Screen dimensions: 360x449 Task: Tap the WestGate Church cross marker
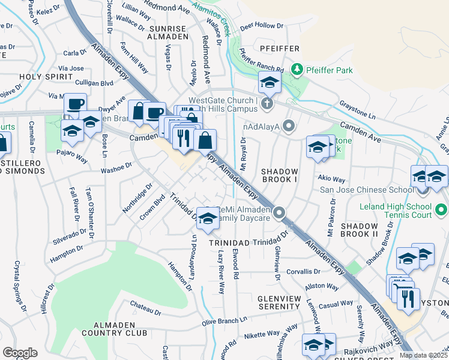click(267, 104)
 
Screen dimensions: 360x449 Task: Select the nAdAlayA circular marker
click(289, 126)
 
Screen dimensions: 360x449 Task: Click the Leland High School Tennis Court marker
click(442, 211)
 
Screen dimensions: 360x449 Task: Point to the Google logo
click(20, 353)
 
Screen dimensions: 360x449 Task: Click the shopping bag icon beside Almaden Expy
click(205, 140)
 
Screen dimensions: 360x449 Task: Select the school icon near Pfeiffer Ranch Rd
click(270, 83)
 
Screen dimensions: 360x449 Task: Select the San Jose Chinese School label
click(366, 190)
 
